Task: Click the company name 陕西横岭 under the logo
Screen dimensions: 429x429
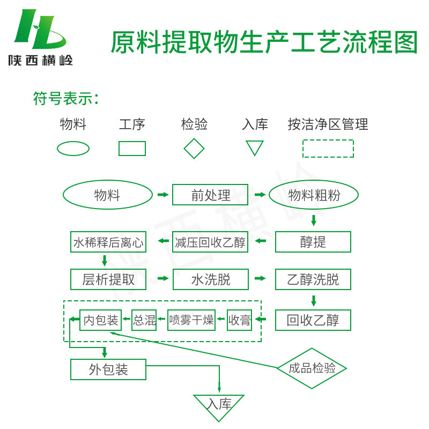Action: coord(40,60)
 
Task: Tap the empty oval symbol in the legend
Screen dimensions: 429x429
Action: coord(73,149)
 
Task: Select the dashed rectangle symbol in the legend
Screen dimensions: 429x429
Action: coord(328,149)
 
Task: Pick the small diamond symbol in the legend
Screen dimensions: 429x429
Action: coord(194,149)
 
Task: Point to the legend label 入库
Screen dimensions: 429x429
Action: coord(255,125)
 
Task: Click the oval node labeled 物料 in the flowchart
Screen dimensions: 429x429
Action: coord(108,195)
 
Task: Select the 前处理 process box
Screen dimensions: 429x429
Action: coord(210,195)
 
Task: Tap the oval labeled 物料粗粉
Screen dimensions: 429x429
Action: coord(314,195)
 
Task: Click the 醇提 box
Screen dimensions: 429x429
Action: coord(313,242)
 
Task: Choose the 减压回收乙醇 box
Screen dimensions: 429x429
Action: coord(210,242)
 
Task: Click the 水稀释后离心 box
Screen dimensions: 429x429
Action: coord(108,242)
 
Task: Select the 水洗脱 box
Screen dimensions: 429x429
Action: coord(210,279)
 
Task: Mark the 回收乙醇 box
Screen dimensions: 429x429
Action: coord(313,321)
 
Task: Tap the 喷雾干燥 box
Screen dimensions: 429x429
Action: coord(191,321)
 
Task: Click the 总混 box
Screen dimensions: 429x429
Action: coord(144,321)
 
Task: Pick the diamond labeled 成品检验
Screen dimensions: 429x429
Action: coord(312,368)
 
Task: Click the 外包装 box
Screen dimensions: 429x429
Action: coord(108,369)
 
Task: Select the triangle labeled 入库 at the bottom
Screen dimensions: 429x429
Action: coord(219,405)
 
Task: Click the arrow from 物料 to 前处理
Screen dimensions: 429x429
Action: coord(162,195)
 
